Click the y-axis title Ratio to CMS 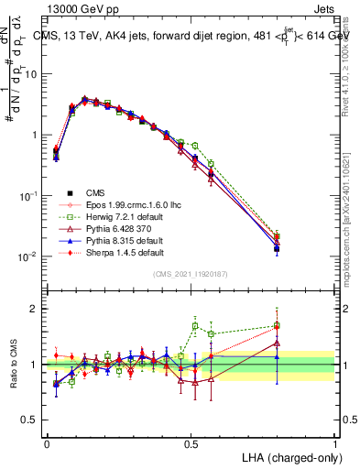(x=12, y=365)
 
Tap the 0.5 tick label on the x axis (x=191, y=442)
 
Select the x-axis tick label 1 (x=334, y=442)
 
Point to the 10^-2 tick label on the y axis (x=29, y=256)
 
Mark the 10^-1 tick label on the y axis (x=29, y=196)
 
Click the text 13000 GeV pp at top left (x=79, y=9)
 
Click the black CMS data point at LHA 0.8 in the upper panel (x=277, y=248)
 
